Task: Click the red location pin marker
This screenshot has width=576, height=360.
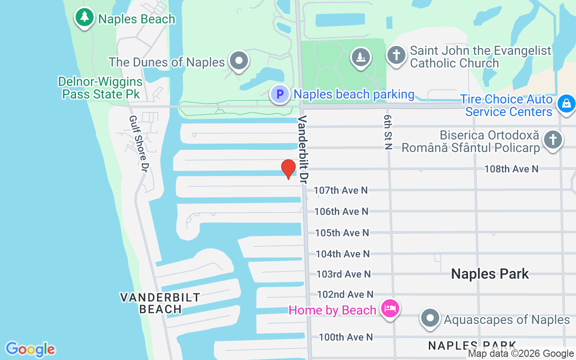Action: click(288, 169)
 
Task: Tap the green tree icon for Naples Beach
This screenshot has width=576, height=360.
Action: click(84, 18)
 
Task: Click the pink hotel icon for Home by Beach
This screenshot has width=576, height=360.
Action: click(390, 309)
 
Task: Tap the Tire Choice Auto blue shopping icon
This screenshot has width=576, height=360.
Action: click(566, 103)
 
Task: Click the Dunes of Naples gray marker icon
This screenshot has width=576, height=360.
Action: click(239, 60)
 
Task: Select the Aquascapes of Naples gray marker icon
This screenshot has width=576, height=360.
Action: click(430, 318)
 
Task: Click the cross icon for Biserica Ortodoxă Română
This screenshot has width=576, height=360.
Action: click(553, 139)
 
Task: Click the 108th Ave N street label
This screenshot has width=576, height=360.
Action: click(511, 169)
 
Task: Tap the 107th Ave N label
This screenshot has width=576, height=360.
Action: click(341, 190)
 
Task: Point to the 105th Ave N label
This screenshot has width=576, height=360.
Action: click(342, 233)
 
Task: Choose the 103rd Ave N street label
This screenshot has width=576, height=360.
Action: click(343, 274)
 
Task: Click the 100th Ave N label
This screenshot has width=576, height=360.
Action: click(346, 337)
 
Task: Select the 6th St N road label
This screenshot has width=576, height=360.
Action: click(388, 131)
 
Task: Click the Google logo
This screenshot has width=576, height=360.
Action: click(30, 349)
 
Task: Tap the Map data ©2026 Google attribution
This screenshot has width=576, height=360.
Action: click(521, 354)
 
